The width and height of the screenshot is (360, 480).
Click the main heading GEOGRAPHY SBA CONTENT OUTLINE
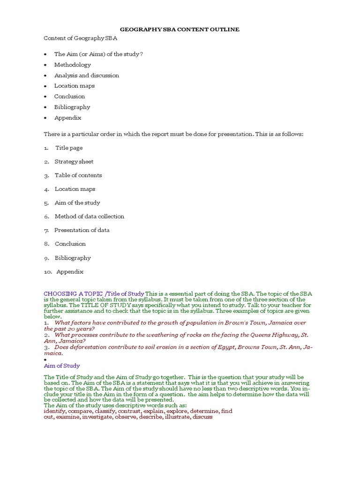tap(180, 29)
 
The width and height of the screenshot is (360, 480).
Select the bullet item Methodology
tap(72, 65)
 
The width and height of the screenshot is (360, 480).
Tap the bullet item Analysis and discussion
tap(86, 75)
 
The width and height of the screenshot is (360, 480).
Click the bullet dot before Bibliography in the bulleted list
tap(45, 107)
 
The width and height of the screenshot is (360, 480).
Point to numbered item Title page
tap(69, 148)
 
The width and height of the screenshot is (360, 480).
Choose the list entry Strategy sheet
tap(74, 161)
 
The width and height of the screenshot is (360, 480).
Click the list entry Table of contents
tap(78, 175)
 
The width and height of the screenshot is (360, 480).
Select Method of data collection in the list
tap(89, 216)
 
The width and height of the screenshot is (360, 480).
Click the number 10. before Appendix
tap(48, 271)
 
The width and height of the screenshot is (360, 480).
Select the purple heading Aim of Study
tap(61, 366)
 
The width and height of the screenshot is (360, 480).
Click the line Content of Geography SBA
tap(81, 38)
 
